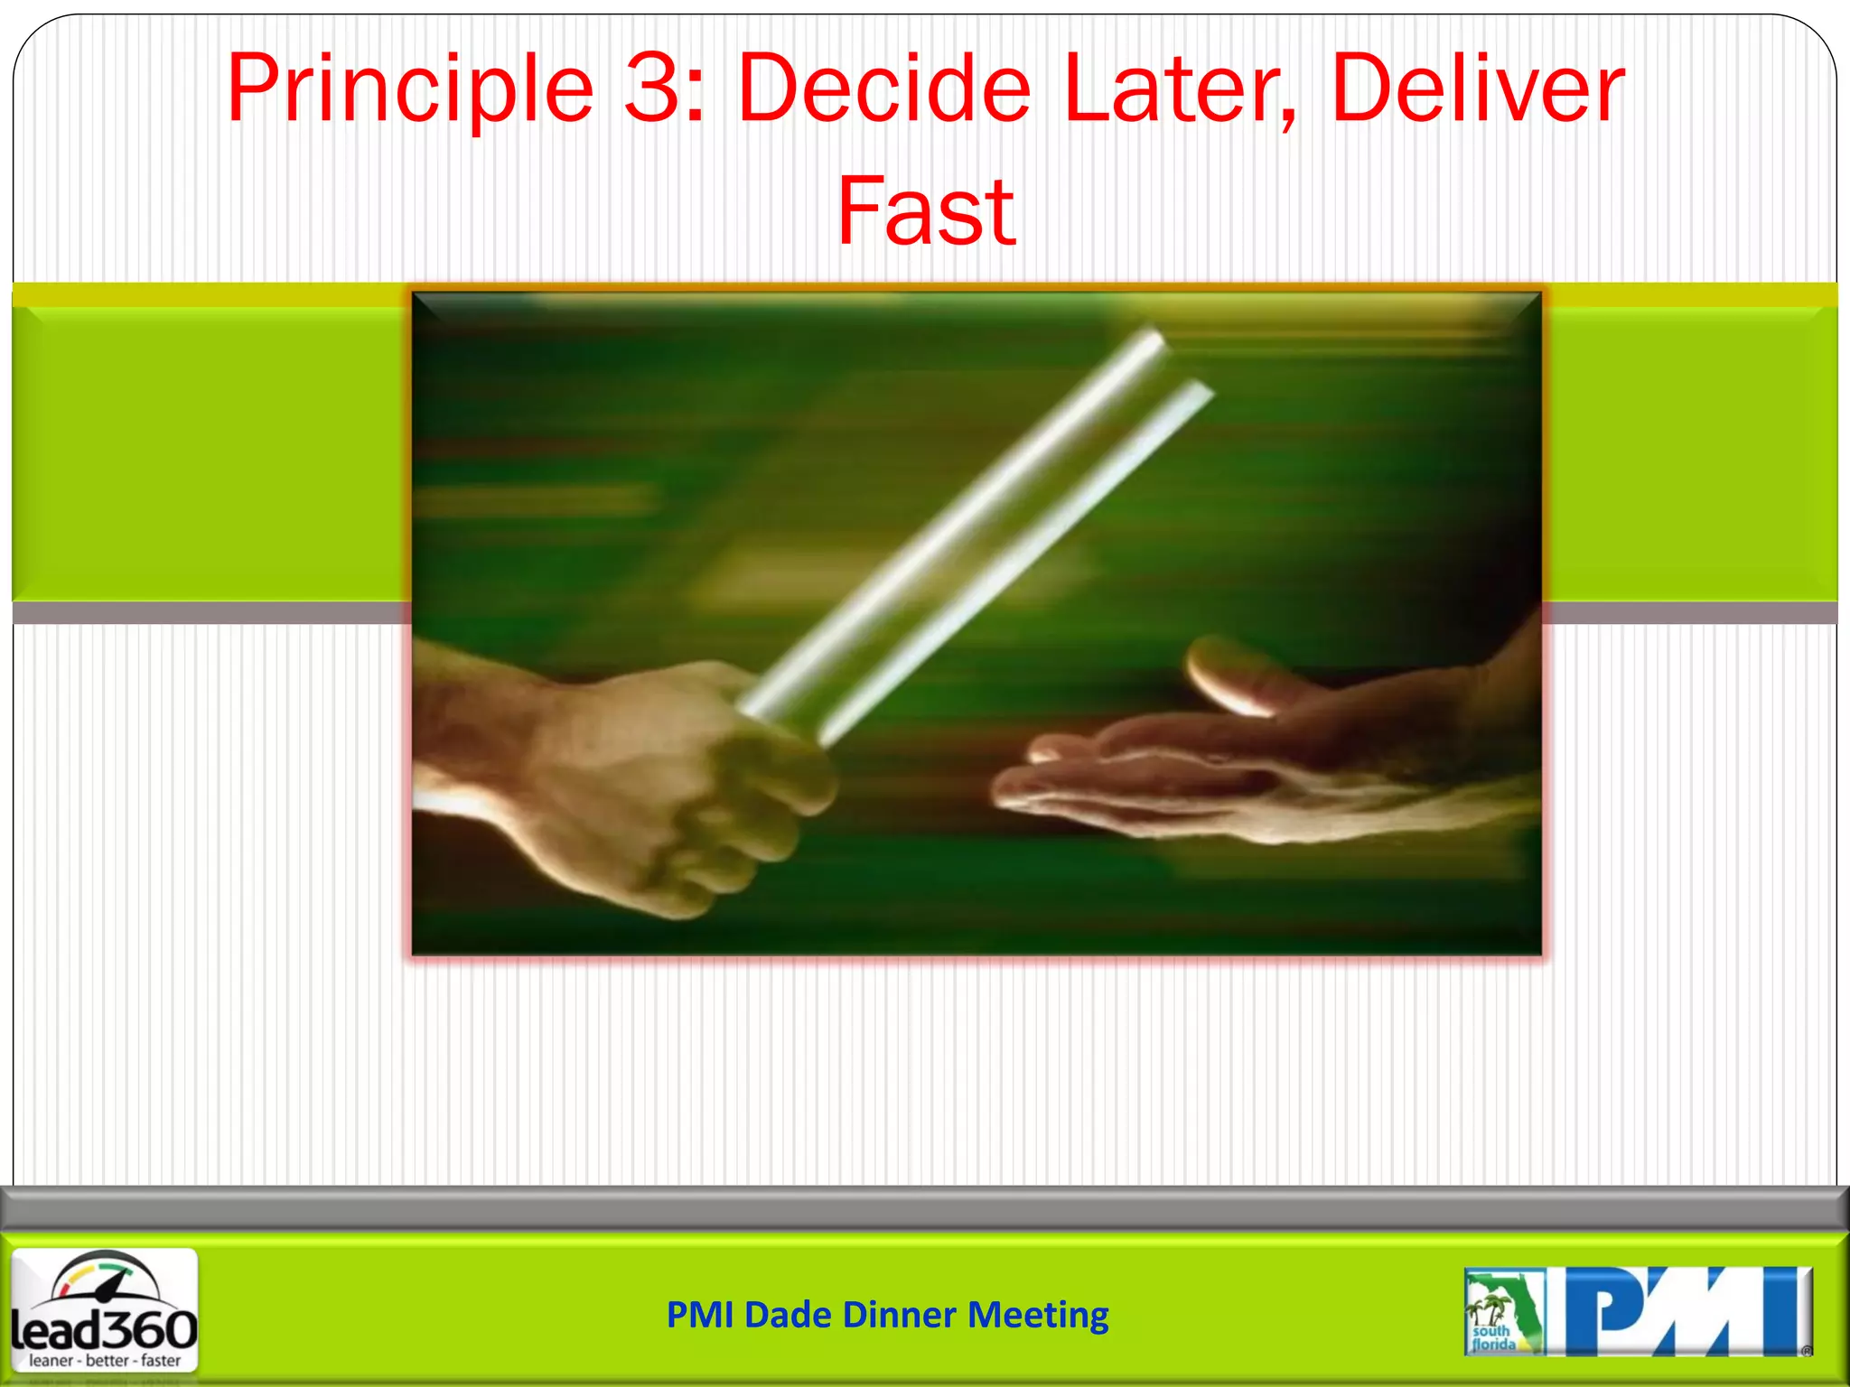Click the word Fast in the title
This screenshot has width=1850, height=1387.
(926, 212)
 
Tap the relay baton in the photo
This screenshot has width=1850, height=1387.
(976, 533)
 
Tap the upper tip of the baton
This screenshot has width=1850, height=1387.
(1152, 343)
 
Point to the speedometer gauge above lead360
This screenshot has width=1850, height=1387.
(104, 1278)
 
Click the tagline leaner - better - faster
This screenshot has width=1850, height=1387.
(105, 1361)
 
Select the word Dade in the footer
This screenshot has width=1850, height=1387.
(788, 1315)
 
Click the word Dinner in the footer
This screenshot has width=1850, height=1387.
(900, 1315)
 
